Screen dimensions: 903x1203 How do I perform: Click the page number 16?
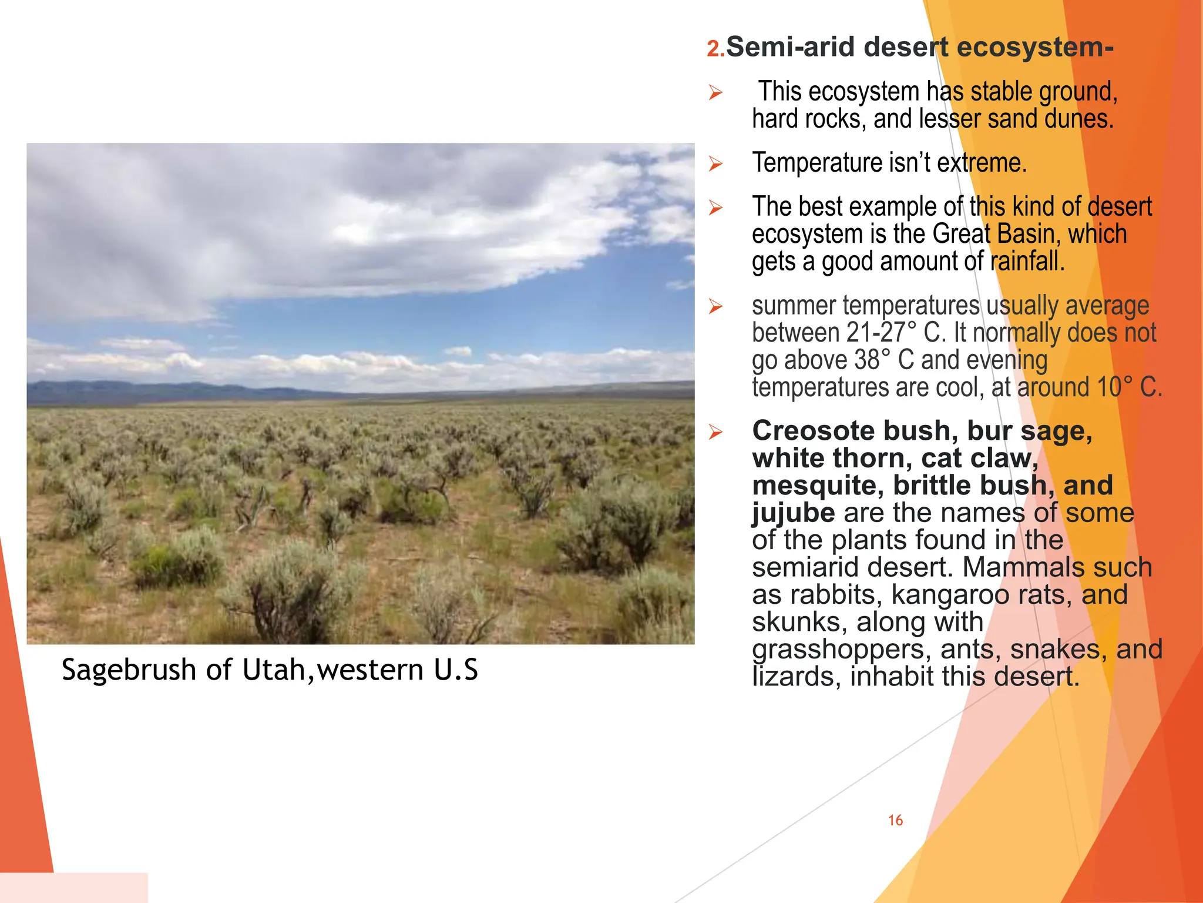pos(895,820)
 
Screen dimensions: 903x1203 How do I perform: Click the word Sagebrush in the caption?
pos(129,670)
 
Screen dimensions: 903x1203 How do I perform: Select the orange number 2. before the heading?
pos(715,49)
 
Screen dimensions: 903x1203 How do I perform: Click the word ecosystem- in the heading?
pos(1036,47)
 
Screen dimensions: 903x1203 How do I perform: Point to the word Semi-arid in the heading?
pos(791,47)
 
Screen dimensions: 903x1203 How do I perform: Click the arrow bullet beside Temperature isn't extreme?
pos(715,163)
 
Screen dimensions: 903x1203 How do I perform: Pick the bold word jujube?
pos(793,513)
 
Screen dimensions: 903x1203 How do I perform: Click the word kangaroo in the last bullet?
pos(949,594)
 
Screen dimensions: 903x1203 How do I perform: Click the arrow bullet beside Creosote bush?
pos(715,432)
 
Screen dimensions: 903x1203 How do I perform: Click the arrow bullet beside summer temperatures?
pos(715,306)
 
